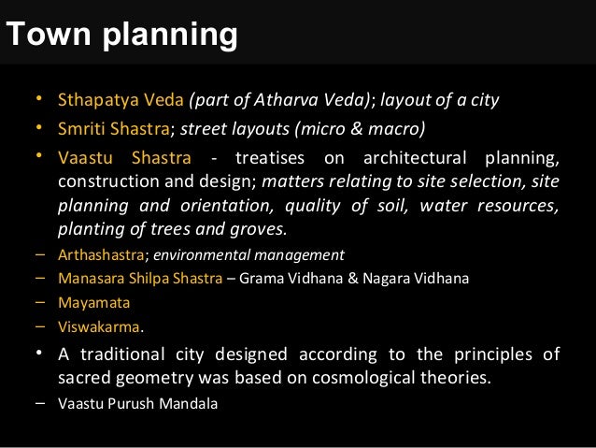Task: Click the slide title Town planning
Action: click(x=121, y=36)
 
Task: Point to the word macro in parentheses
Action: click(x=397, y=127)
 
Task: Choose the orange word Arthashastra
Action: click(x=101, y=254)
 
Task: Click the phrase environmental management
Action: click(x=248, y=254)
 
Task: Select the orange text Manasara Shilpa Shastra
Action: click(x=140, y=278)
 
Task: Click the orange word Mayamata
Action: click(x=93, y=302)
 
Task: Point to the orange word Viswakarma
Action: click(x=98, y=327)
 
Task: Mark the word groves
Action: click(x=262, y=229)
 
